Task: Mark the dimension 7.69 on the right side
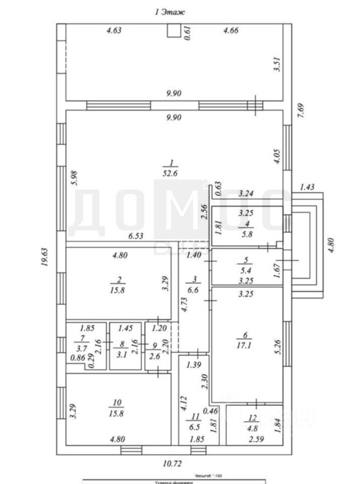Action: coord(301,110)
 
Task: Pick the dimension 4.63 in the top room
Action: coord(114,31)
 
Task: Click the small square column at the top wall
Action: coord(173,31)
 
